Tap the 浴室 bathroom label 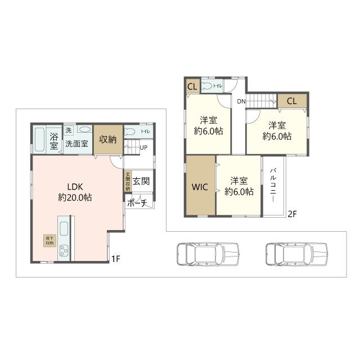(54, 141)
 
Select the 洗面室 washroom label (76, 143)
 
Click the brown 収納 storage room (107, 139)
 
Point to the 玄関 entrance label (141, 182)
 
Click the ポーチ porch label (137, 203)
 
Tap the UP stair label (144, 148)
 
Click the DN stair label (241, 101)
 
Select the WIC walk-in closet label (200, 187)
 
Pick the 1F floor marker (115, 259)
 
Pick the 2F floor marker (292, 213)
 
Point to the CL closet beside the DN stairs (291, 101)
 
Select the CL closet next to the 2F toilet (191, 86)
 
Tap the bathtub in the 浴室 (40, 140)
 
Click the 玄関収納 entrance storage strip (128, 181)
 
